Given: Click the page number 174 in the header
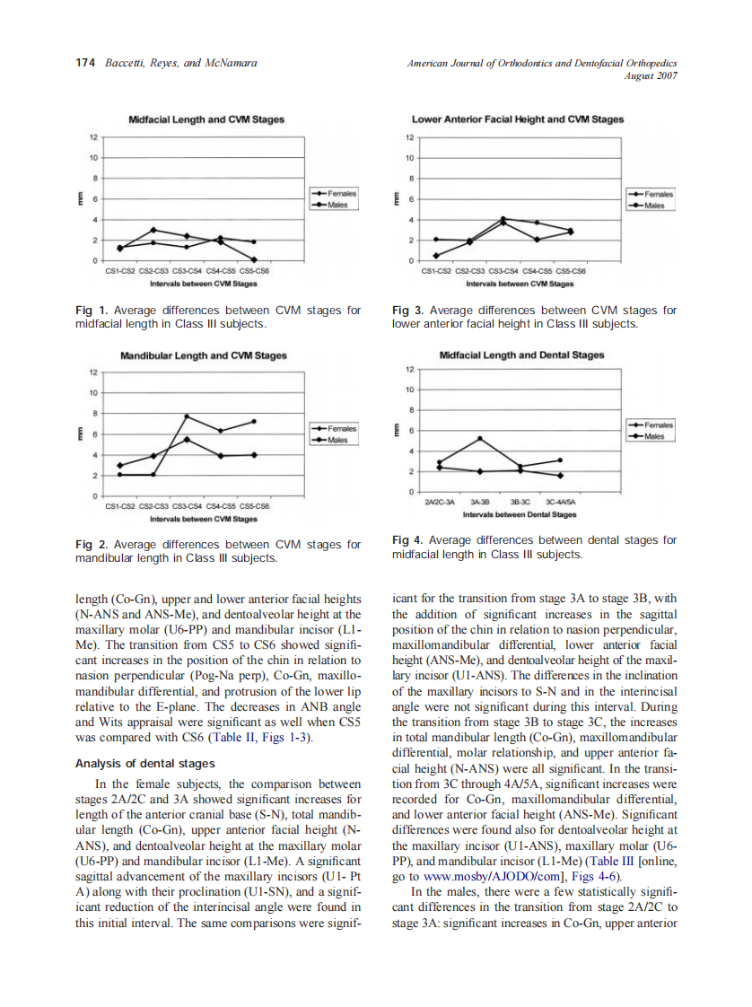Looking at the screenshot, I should [x=85, y=63].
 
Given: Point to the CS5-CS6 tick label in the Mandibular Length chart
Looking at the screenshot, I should [x=254, y=506].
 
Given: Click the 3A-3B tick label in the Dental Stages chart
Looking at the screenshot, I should [x=479, y=503].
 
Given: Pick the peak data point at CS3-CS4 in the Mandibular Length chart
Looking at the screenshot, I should [x=187, y=416].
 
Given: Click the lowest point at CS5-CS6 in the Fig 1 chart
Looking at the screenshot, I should [x=255, y=259].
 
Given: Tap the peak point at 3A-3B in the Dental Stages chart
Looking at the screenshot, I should [x=479, y=438].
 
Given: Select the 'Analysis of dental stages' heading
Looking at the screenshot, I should [x=144, y=764].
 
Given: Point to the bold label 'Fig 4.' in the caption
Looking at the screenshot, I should [x=408, y=540].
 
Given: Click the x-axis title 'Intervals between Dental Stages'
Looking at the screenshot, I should [x=520, y=515].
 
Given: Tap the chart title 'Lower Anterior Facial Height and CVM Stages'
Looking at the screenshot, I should [x=518, y=118].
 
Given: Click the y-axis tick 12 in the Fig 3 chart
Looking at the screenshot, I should [x=409, y=138].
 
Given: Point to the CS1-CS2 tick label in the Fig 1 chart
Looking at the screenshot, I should [x=119, y=270].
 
